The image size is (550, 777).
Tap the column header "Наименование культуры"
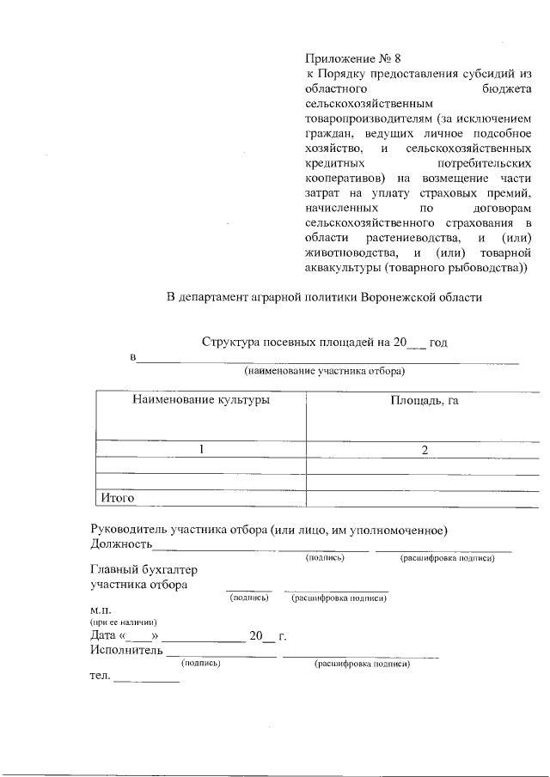click(200, 401)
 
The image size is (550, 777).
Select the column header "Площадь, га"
click(424, 401)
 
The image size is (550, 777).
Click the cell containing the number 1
click(200, 449)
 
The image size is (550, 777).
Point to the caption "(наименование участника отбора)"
click(324, 372)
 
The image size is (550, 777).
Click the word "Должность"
click(121, 543)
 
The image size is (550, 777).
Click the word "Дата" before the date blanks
click(103, 636)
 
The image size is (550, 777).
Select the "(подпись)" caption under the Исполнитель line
click(201, 664)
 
